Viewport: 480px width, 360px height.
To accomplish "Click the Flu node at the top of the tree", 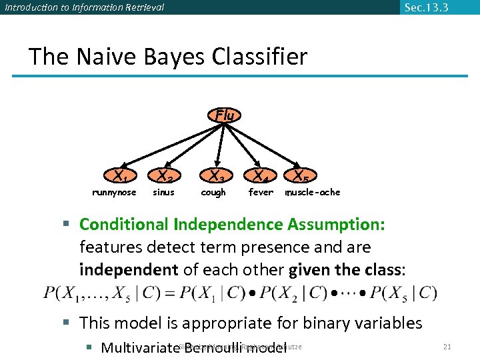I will (225, 115).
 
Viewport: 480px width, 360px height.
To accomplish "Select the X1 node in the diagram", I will (121, 177).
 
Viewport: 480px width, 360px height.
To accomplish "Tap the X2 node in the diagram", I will (166, 177).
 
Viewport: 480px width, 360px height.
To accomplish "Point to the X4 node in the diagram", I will (260, 177).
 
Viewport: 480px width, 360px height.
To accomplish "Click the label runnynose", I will (114, 193).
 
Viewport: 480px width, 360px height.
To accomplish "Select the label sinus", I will (163, 193).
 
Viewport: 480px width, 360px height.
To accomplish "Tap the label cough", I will (213, 193).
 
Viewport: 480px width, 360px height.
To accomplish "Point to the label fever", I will (261, 193).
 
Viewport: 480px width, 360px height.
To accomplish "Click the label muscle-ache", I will (313, 193).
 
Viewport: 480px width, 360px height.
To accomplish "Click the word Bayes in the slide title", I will (159, 57).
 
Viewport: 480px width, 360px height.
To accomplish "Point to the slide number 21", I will (447, 347).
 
